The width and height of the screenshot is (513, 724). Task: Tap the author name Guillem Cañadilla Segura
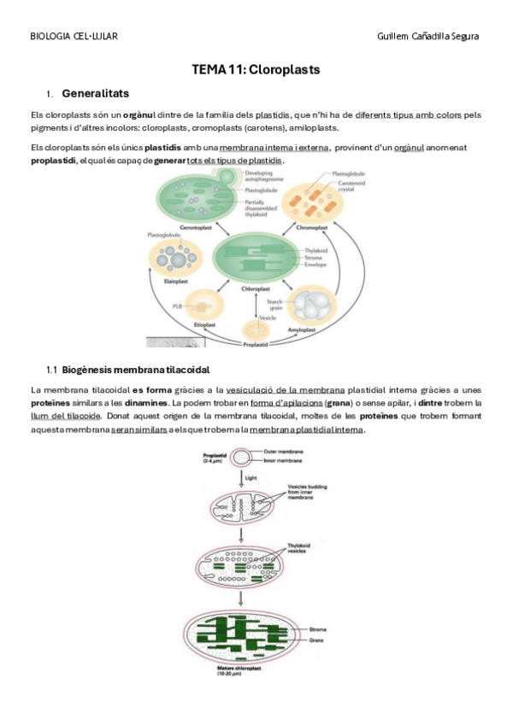click(x=427, y=36)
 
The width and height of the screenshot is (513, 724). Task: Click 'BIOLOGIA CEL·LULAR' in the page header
click(x=74, y=36)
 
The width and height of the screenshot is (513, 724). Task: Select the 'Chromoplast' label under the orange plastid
click(x=311, y=228)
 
